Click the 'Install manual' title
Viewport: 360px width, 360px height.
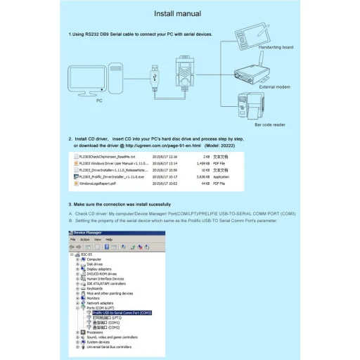coord(177,13)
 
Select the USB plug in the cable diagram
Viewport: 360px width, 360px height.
coord(155,73)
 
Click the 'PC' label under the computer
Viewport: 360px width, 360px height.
coord(98,101)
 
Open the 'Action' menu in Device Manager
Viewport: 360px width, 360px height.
coord(85,239)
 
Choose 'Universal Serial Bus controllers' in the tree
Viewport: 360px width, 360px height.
coord(109,347)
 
